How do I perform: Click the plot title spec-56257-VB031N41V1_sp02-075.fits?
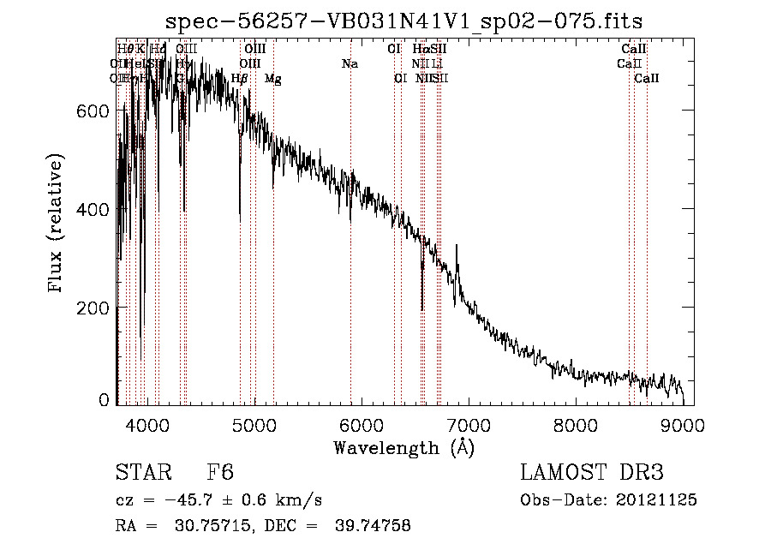point(404,20)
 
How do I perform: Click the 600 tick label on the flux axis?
point(94,111)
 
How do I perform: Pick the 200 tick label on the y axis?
point(94,307)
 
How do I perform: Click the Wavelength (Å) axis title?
point(403,447)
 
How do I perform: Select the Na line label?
point(350,63)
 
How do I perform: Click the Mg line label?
point(272,79)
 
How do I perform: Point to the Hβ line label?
point(240,79)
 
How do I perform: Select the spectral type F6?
point(221,474)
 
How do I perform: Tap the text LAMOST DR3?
point(592,474)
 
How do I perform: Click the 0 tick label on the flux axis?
point(105,399)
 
